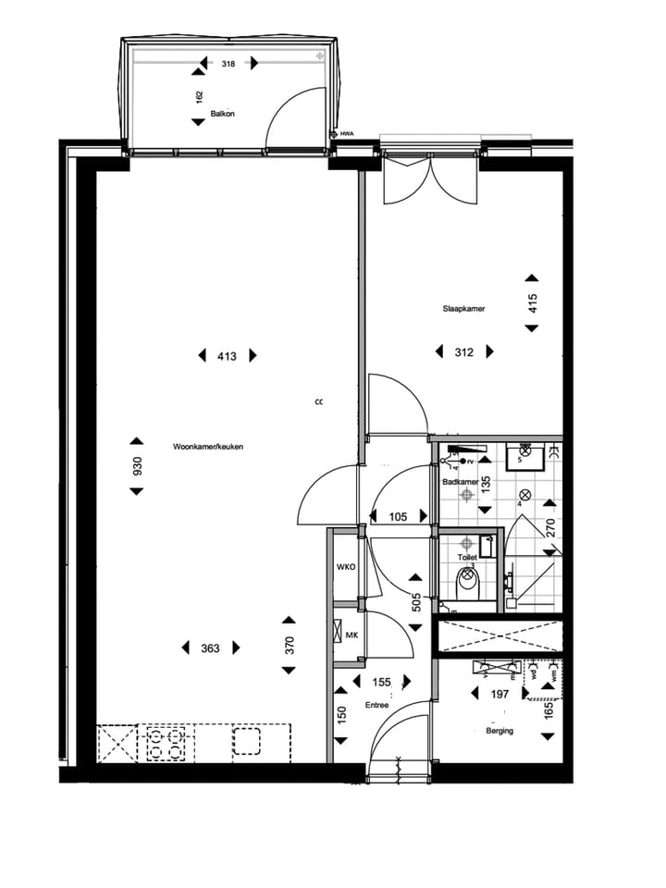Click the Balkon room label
(x=222, y=114)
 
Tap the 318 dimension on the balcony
(x=228, y=65)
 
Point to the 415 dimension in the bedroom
(x=532, y=303)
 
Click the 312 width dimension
(x=463, y=351)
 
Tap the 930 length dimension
(x=137, y=465)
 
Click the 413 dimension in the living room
(x=228, y=355)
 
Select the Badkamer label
(x=460, y=482)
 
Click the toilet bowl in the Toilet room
(x=468, y=584)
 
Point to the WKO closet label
(x=347, y=566)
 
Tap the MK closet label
(x=351, y=635)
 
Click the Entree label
(x=376, y=705)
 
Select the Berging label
(x=499, y=731)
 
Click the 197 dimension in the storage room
(x=499, y=694)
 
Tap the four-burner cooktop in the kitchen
(x=166, y=742)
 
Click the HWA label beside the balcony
(x=348, y=134)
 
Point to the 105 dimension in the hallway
(x=398, y=516)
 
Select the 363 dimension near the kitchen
(x=210, y=647)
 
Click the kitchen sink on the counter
(x=247, y=742)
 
